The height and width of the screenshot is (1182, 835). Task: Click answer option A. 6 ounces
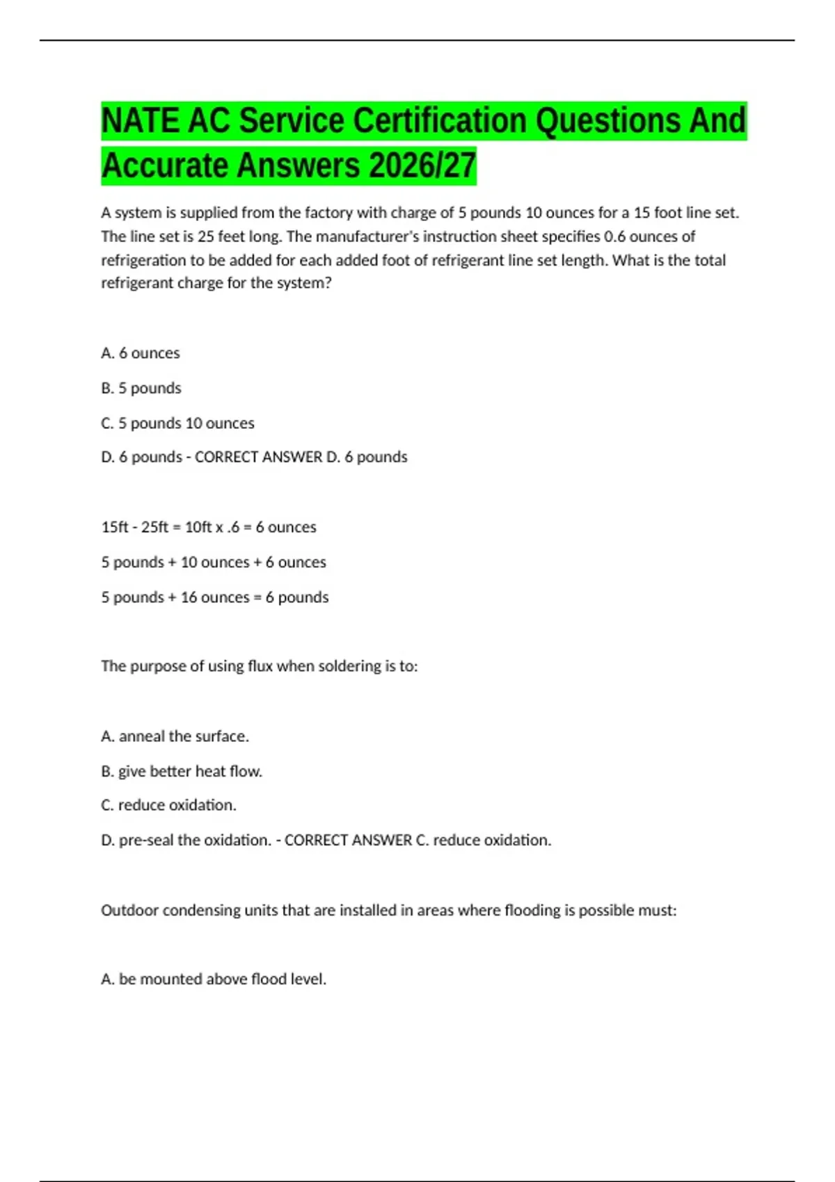[140, 353]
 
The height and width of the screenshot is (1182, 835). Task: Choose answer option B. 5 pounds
[141, 388]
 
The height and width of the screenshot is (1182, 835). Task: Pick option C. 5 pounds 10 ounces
[177, 423]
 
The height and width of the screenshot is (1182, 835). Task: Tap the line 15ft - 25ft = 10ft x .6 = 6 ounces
[208, 527]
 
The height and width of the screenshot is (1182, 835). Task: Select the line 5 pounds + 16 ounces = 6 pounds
[214, 597]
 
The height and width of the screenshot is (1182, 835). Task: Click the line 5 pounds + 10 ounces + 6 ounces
[213, 562]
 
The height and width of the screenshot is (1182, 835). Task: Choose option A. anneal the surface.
[175, 736]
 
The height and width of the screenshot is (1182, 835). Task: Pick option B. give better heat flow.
[181, 771]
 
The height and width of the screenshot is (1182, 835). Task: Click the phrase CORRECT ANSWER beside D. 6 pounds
[258, 457]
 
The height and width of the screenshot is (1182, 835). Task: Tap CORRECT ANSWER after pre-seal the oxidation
[348, 840]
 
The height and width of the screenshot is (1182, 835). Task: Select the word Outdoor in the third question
[129, 910]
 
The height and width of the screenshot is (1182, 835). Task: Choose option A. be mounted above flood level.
[213, 979]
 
